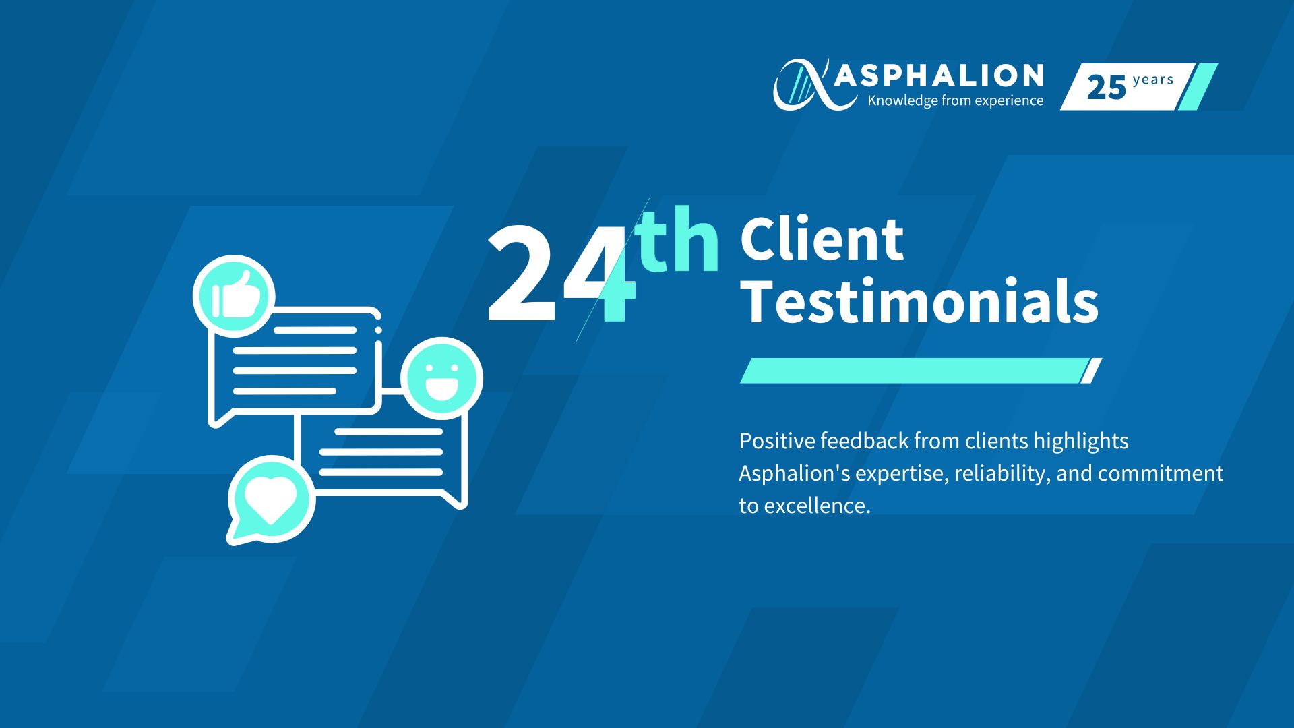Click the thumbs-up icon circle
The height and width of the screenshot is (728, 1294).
(234, 296)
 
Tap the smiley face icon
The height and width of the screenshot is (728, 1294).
(442, 378)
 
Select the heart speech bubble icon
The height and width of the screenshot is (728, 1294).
(270, 499)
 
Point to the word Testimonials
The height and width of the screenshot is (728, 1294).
(919, 301)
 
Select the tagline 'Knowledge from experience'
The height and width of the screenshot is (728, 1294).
(955, 100)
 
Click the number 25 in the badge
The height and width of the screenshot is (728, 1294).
(1106, 88)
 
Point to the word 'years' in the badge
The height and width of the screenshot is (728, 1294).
(1153, 80)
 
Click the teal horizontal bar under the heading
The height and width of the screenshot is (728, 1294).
(913, 371)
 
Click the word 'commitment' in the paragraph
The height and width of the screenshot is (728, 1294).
(1160, 473)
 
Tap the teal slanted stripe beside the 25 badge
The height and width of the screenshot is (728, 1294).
(1197, 86)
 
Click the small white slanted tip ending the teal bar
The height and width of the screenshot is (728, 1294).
(1091, 371)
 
